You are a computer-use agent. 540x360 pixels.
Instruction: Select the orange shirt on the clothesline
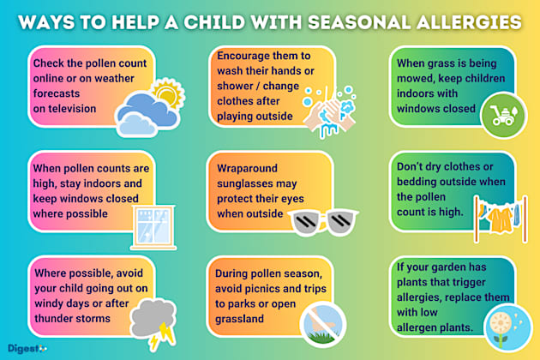point(497,219)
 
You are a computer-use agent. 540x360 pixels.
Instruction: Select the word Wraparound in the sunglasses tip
point(247,166)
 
